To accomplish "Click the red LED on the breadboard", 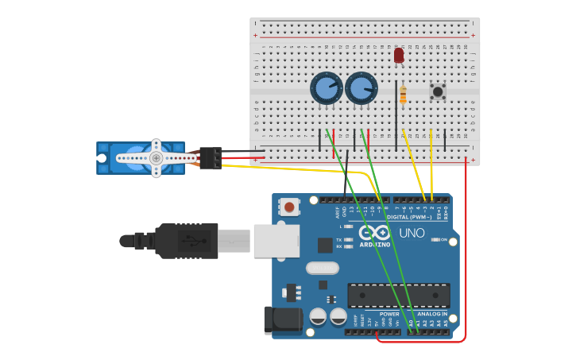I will pos(399,55).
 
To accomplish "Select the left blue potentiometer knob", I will pos(326,88).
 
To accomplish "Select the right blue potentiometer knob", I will pos(361,88).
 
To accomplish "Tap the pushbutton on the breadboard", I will pos(437,91).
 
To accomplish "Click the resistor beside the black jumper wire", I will pos(403,95).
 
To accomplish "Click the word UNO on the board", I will pos(411,233).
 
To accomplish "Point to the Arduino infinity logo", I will pos(375,233).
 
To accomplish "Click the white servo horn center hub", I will pos(157,158).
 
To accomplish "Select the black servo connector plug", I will pos(211,158).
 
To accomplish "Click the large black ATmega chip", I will pos(399,295).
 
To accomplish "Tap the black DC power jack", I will pos(283,320).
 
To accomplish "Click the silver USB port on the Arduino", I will pos(276,241).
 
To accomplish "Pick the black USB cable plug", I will pos(187,241).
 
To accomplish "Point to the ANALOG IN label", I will pos(432,314).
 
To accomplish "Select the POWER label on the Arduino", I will pos(389,314).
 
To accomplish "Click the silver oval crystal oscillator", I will pos(322,268).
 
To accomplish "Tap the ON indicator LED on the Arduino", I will pos(435,239).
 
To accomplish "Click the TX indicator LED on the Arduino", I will pos(348,239).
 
